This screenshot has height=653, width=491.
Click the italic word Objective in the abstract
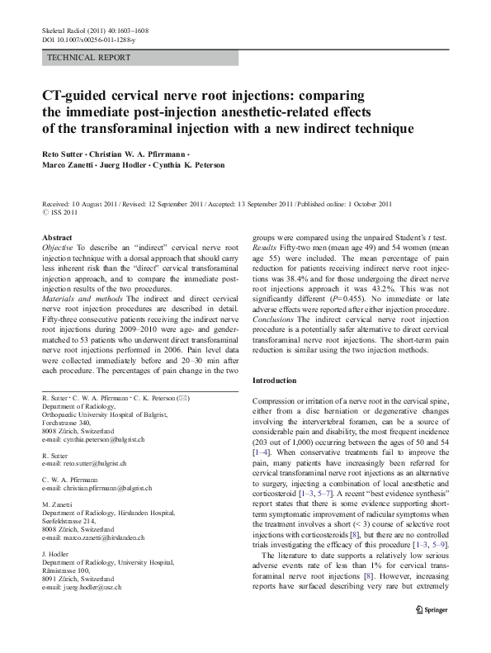pos(57,248)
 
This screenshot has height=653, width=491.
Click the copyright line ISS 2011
pos(65,211)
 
